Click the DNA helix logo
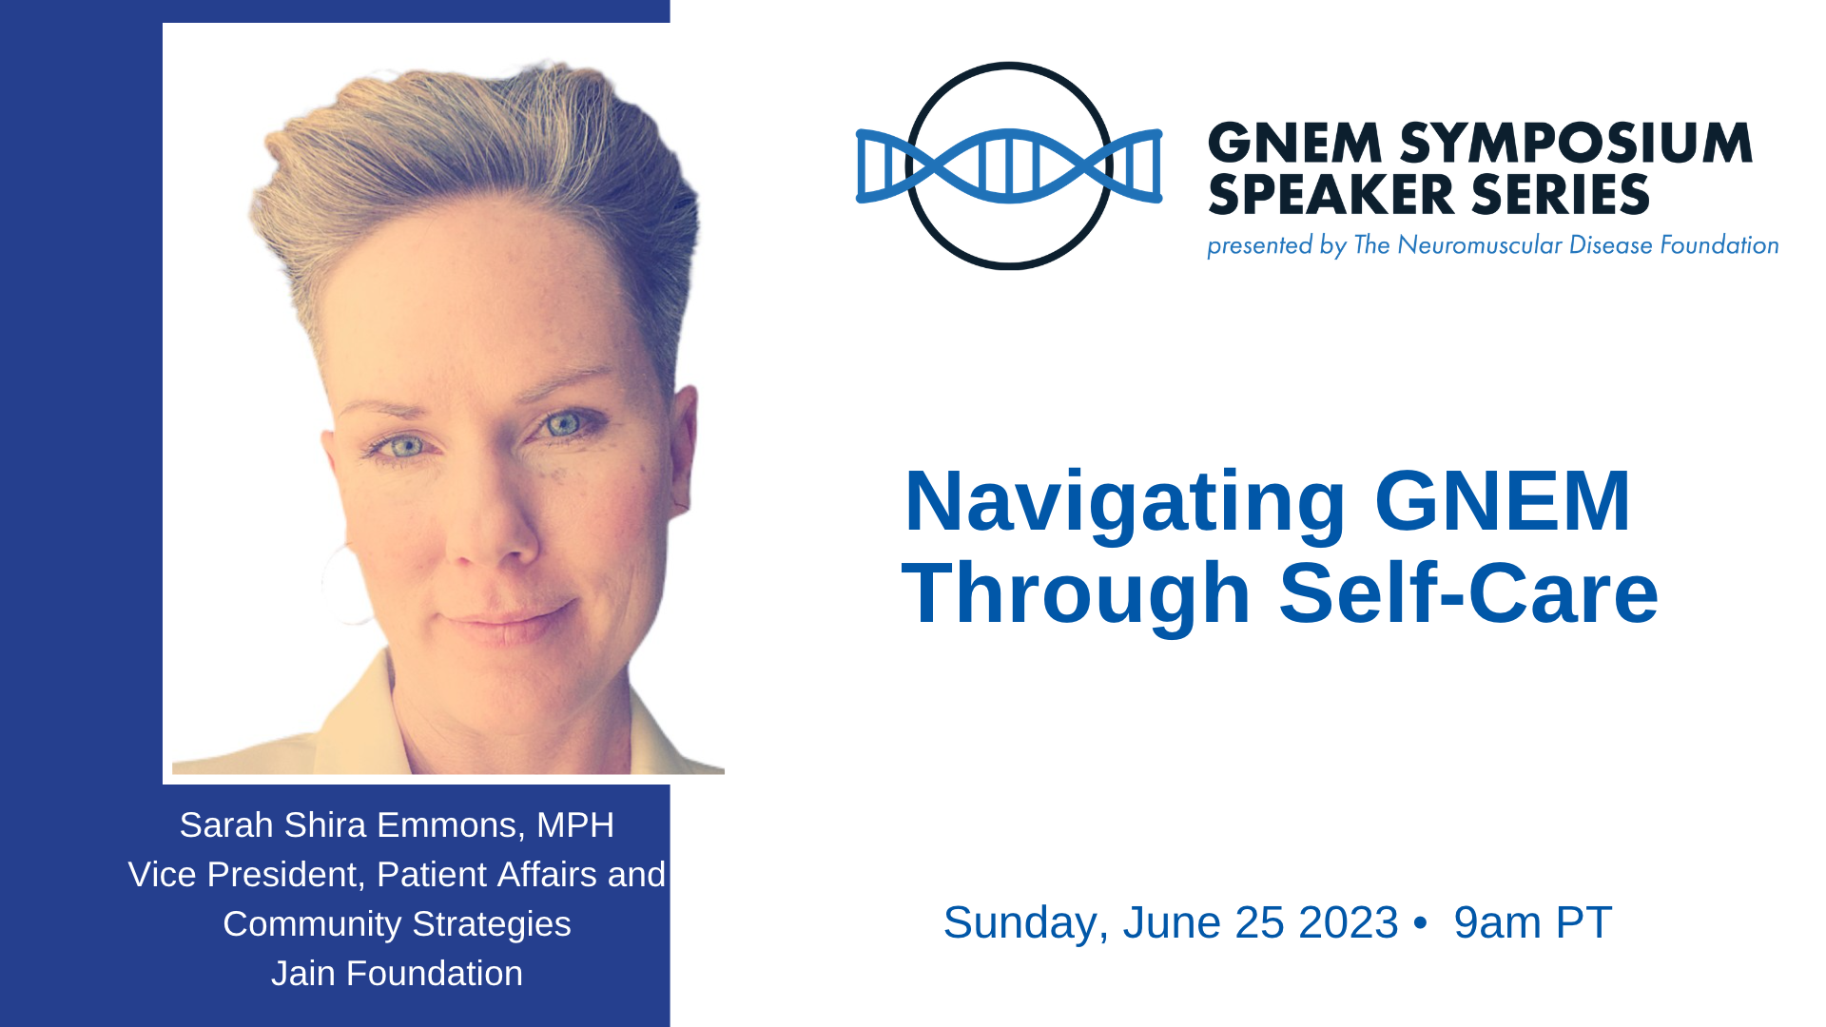[1009, 166]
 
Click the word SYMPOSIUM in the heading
[1576, 144]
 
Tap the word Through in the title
[1076, 593]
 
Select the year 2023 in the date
[1349, 922]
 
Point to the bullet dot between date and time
[1421, 924]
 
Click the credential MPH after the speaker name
[575, 825]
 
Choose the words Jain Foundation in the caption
[397, 974]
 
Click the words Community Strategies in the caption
[397, 924]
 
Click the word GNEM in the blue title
[1503, 501]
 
